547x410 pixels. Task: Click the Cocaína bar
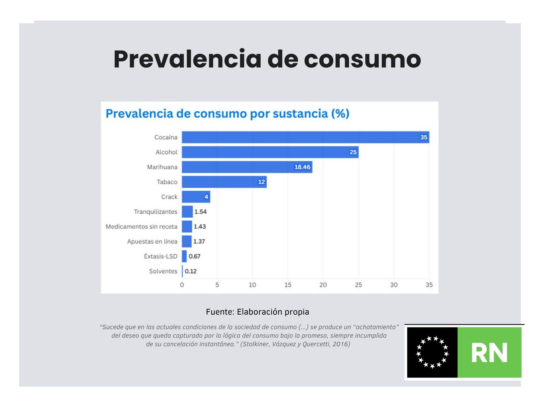[305, 137]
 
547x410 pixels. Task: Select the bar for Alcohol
[270, 152]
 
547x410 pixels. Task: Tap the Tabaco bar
[224, 182]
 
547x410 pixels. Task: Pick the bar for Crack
[196, 197]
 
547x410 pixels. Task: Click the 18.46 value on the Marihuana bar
[302, 167]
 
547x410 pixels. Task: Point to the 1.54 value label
[200, 212]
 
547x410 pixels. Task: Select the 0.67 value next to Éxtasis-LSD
[194, 256]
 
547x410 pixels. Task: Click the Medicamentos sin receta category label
[141, 227]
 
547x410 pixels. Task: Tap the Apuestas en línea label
[152, 241]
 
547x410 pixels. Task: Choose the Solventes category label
[163, 271]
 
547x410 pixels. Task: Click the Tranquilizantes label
[156, 212]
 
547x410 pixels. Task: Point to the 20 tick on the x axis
[323, 285]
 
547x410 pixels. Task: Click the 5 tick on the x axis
[217, 285]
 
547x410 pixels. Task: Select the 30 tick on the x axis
[394, 285]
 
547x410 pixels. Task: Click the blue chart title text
[227, 114]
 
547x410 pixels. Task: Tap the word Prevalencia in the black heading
[187, 59]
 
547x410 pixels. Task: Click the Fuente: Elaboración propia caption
[257, 312]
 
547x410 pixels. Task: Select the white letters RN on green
[489, 353]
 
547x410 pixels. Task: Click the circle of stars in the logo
[432, 352]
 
